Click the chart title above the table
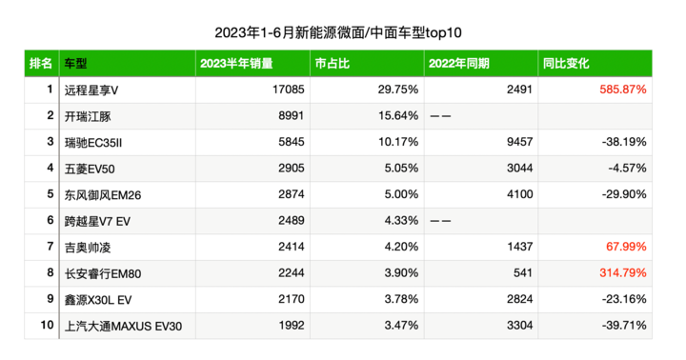tap(337, 32)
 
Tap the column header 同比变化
tap(566, 64)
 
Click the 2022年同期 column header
tap(459, 64)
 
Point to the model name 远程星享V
tap(91, 90)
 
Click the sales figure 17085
tap(288, 90)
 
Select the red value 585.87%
tap(622, 90)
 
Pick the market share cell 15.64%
tap(398, 116)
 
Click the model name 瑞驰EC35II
tap(93, 143)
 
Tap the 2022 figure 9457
tap(520, 142)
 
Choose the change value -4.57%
tap(627, 169)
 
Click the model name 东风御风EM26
tap(103, 195)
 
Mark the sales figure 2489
tap(292, 220)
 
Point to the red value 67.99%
tap(626, 247)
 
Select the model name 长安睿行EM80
tap(103, 274)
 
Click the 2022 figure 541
tap(523, 273)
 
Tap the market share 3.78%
tap(401, 299)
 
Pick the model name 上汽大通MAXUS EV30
tap(123, 327)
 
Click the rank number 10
tap(47, 325)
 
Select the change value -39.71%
tap(624, 326)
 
